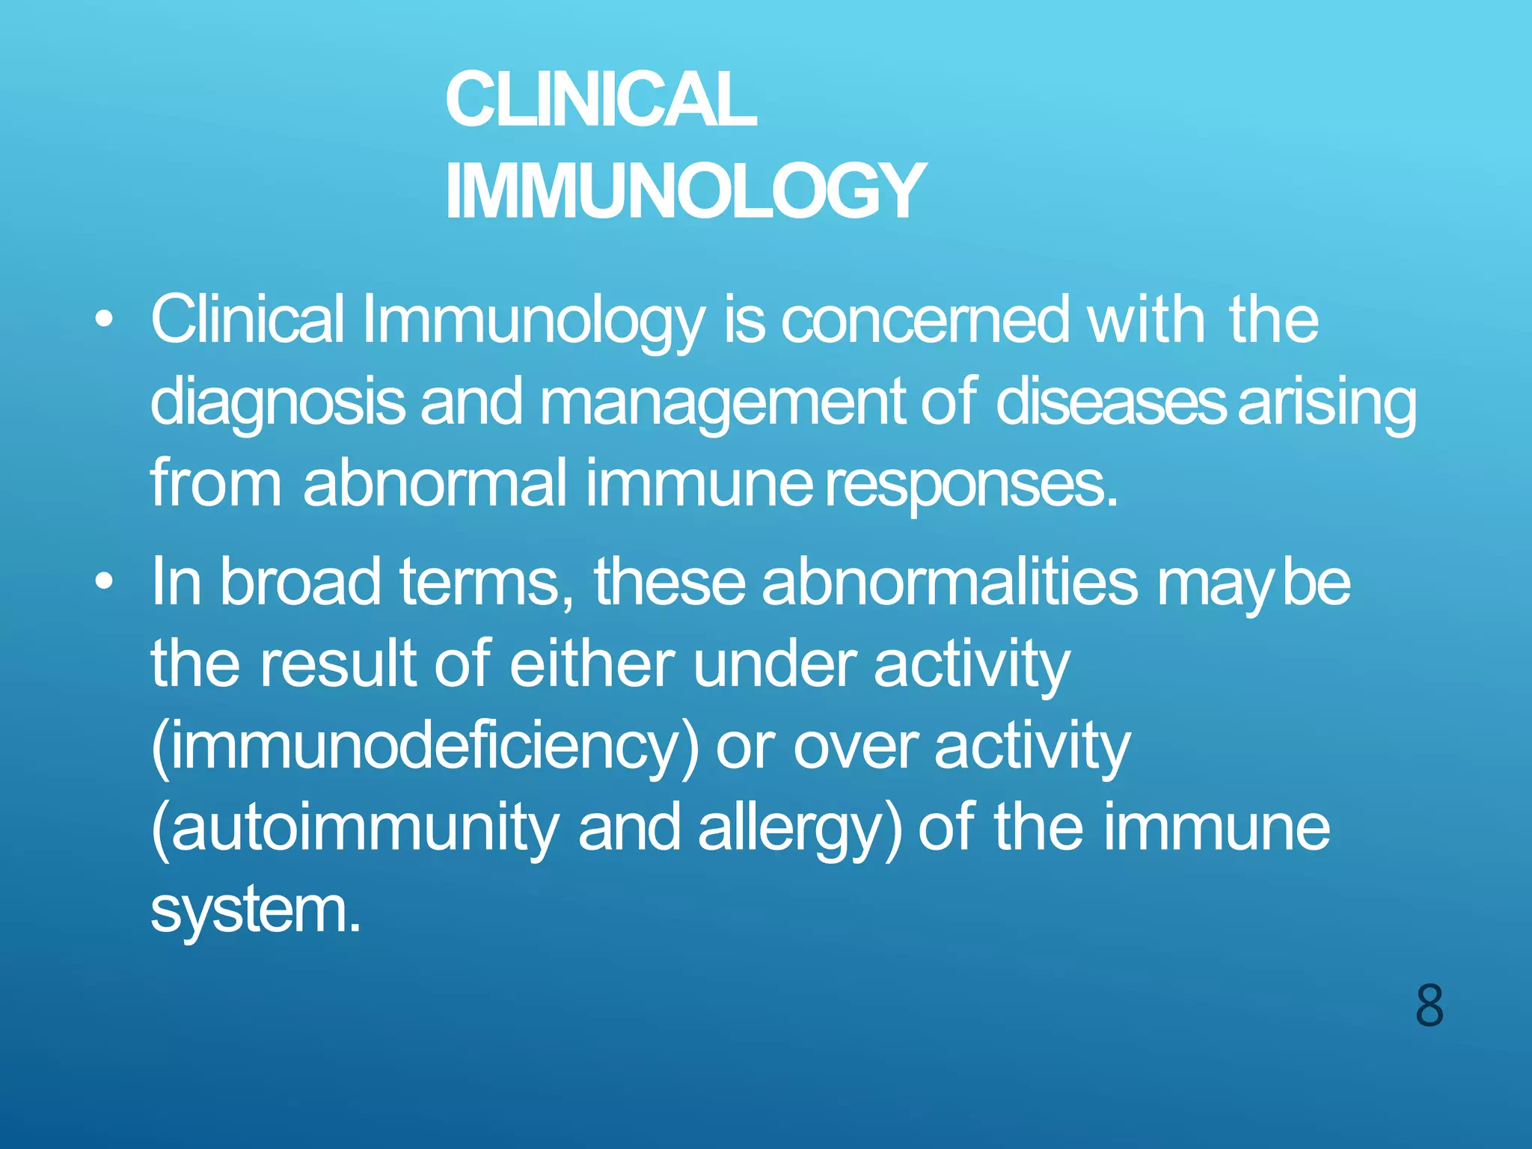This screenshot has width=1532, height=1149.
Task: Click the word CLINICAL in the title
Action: coord(601,100)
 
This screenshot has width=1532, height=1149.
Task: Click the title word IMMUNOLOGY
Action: coord(685,191)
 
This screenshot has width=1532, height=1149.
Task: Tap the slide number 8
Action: coord(1429,1006)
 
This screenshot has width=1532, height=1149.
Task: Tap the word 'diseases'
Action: coord(1110,402)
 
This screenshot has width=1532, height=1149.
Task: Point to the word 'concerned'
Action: coord(925,320)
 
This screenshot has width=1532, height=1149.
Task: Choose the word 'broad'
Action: coord(300,581)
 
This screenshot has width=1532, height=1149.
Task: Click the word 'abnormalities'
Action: coord(950,581)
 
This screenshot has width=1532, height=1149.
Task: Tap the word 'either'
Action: coord(592,664)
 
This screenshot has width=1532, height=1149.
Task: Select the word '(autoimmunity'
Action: coord(355,829)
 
